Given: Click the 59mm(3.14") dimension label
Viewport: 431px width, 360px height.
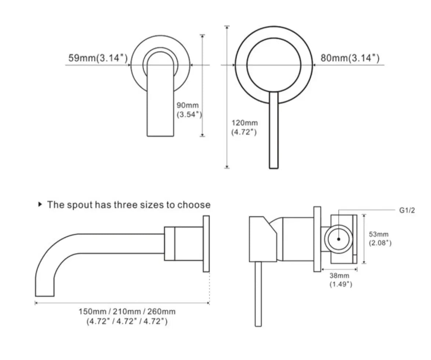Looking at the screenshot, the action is point(98,58).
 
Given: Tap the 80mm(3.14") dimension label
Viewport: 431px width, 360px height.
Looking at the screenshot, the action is point(350,58).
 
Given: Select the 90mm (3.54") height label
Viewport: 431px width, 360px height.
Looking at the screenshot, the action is point(189,110).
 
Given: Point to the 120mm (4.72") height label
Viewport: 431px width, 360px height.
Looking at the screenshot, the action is point(245,127).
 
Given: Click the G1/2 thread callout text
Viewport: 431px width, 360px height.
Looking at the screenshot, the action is point(407,210).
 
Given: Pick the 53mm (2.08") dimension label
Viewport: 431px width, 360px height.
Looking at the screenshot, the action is point(380,238).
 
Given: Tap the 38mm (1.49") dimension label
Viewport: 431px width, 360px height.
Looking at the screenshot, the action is point(341,280).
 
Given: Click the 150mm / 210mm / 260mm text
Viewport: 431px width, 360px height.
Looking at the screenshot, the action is point(127,312).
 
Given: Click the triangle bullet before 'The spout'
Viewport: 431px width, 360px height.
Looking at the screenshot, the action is point(40,204).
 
